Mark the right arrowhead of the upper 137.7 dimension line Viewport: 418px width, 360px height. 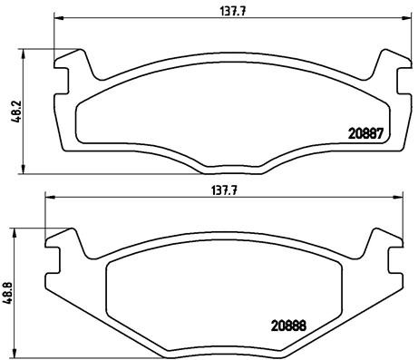coord(396,19)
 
